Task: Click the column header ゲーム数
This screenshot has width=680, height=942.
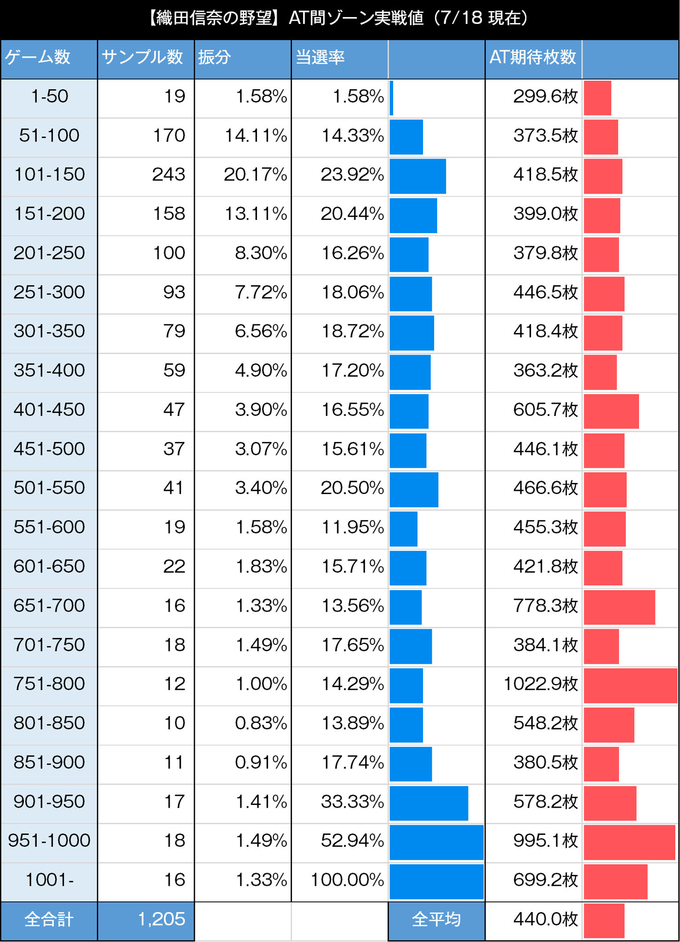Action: (x=38, y=57)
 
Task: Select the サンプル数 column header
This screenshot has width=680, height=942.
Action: (x=142, y=57)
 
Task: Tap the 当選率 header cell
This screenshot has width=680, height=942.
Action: (x=320, y=57)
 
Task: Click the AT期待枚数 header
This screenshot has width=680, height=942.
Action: (x=532, y=57)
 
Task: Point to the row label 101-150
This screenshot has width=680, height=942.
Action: (x=49, y=175)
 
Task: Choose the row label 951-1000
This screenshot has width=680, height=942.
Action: (x=49, y=841)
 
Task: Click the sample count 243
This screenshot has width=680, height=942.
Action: (x=169, y=175)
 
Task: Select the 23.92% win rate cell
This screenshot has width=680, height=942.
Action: (x=352, y=175)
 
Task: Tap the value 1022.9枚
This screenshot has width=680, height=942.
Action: (x=541, y=684)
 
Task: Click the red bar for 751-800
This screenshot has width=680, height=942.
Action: (x=630, y=685)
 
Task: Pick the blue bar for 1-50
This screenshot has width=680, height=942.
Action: (x=391, y=98)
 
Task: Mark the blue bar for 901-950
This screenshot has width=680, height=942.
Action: (x=429, y=803)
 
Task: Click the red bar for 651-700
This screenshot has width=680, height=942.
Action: (x=619, y=607)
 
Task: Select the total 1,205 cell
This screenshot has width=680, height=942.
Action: (x=161, y=919)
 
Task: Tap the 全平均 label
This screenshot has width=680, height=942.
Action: (x=436, y=919)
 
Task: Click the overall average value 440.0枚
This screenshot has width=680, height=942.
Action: (x=545, y=919)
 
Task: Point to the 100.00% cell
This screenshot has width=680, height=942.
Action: (x=347, y=880)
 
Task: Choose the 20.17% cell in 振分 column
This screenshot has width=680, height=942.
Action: (x=255, y=175)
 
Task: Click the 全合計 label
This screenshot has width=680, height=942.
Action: (x=49, y=919)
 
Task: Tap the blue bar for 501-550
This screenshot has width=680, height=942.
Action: (x=414, y=489)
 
